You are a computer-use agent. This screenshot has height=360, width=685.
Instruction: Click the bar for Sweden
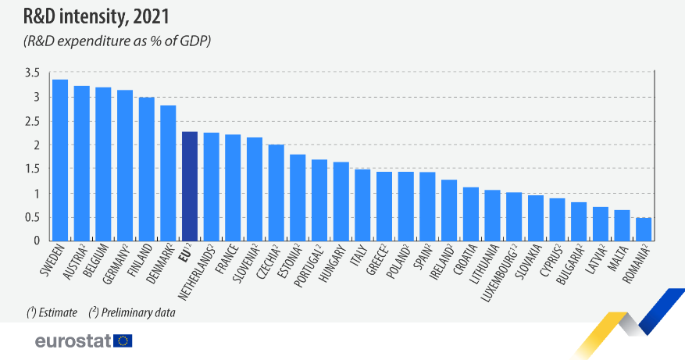[60, 160]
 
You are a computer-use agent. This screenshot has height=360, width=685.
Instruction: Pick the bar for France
[233, 187]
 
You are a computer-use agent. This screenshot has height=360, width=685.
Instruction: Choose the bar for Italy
[362, 205]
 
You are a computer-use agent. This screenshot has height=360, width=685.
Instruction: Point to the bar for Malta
[622, 225]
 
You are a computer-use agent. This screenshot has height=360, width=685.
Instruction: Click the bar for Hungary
[341, 201]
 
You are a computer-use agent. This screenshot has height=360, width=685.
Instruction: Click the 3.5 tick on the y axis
[32, 73]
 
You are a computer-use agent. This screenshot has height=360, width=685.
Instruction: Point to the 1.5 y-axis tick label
[32, 169]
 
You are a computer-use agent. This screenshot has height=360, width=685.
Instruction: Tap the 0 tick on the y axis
[36, 241]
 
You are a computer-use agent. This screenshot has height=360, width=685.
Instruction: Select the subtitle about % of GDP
[117, 40]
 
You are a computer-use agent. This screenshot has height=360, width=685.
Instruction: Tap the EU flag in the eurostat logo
[123, 340]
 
